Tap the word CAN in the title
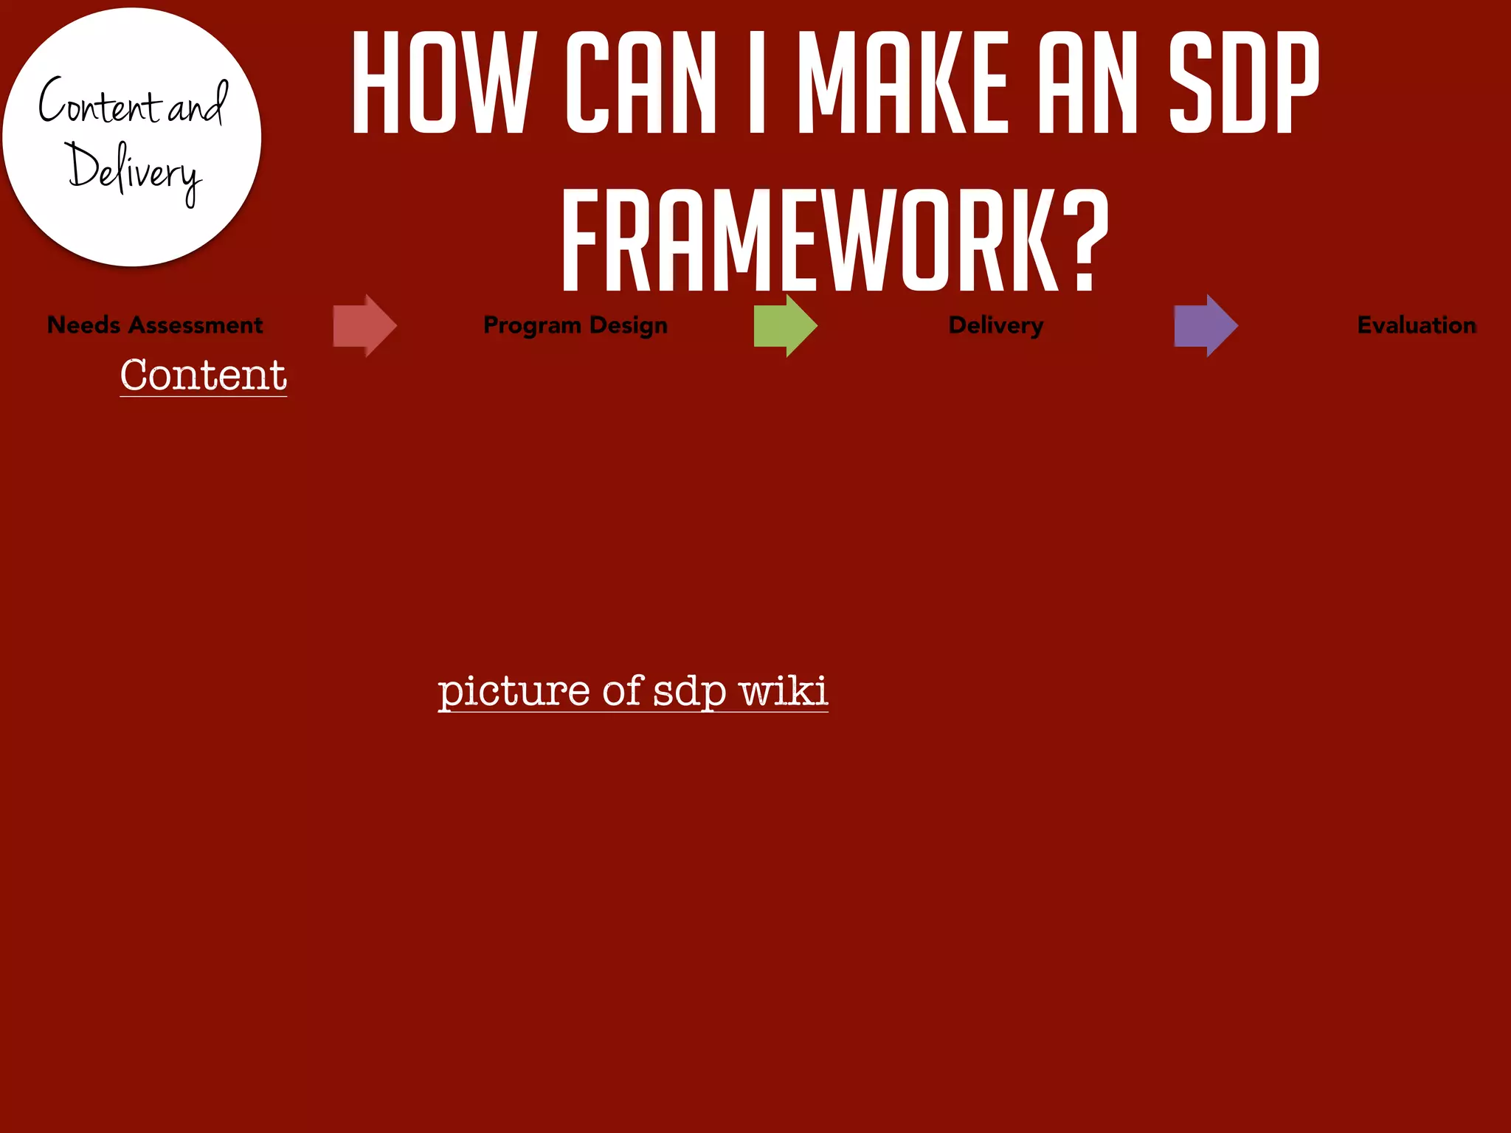pyautogui.click(x=640, y=83)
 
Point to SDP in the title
pyautogui.click(x=1244, y=83)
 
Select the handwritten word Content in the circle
pyautogui.click(x=99, y=105)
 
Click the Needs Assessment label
pyautogui.click(x=155, y=325)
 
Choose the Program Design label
pyautogui.click(x=575, y=325)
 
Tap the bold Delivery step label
pyautogui.click(x=996, y=325)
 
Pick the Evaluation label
pyautogui.click(x=1417, y=325)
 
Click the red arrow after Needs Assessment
pyautogui.click(x=364, y=325)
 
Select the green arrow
pyautogui.click(x=785, y=325)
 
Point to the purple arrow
pyautogui.click(x=1206, y=325)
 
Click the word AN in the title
pyautogui.click(x=1088, y=83)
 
